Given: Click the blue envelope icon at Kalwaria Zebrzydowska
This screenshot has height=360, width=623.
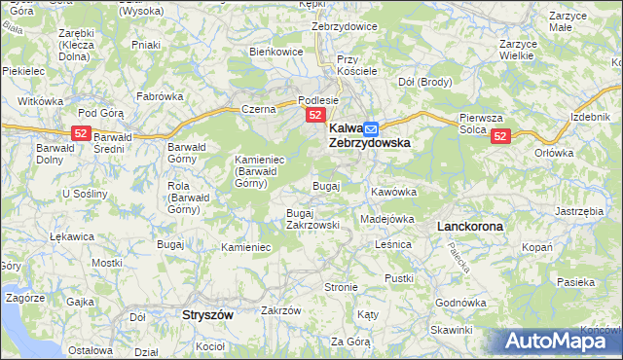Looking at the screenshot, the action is [x=371, y=127].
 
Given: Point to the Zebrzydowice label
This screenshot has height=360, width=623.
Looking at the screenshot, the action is [x=345, y=26].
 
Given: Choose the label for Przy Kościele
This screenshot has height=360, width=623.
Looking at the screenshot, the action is [x=355, y=66].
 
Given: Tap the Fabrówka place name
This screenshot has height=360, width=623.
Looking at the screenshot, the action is [x=160, y=96].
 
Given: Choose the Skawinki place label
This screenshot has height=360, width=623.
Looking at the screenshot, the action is [x=453, y=330].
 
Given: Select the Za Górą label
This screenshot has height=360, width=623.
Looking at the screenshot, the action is [x=350, y=342].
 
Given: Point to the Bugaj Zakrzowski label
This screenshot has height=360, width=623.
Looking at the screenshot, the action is [x=312, y=219].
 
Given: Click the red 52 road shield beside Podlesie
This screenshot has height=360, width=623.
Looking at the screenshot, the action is [x=315, y=115].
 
